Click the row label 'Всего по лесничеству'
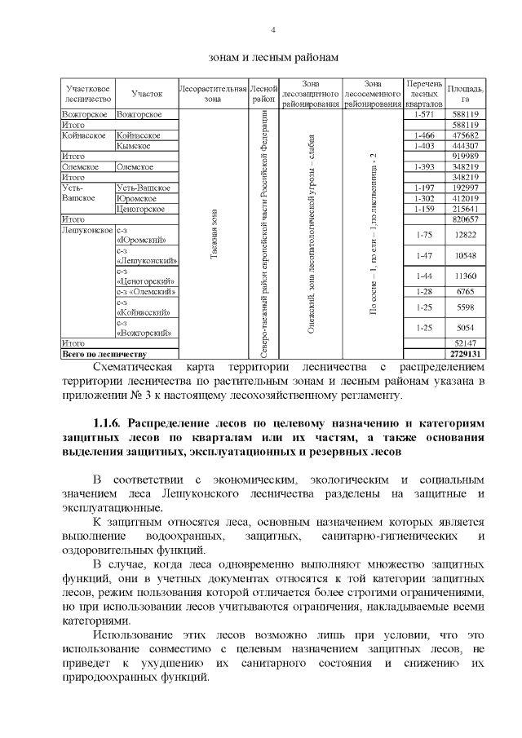pos(104,355)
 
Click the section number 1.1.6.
pos(107,423)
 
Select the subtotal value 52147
pos(465,344)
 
